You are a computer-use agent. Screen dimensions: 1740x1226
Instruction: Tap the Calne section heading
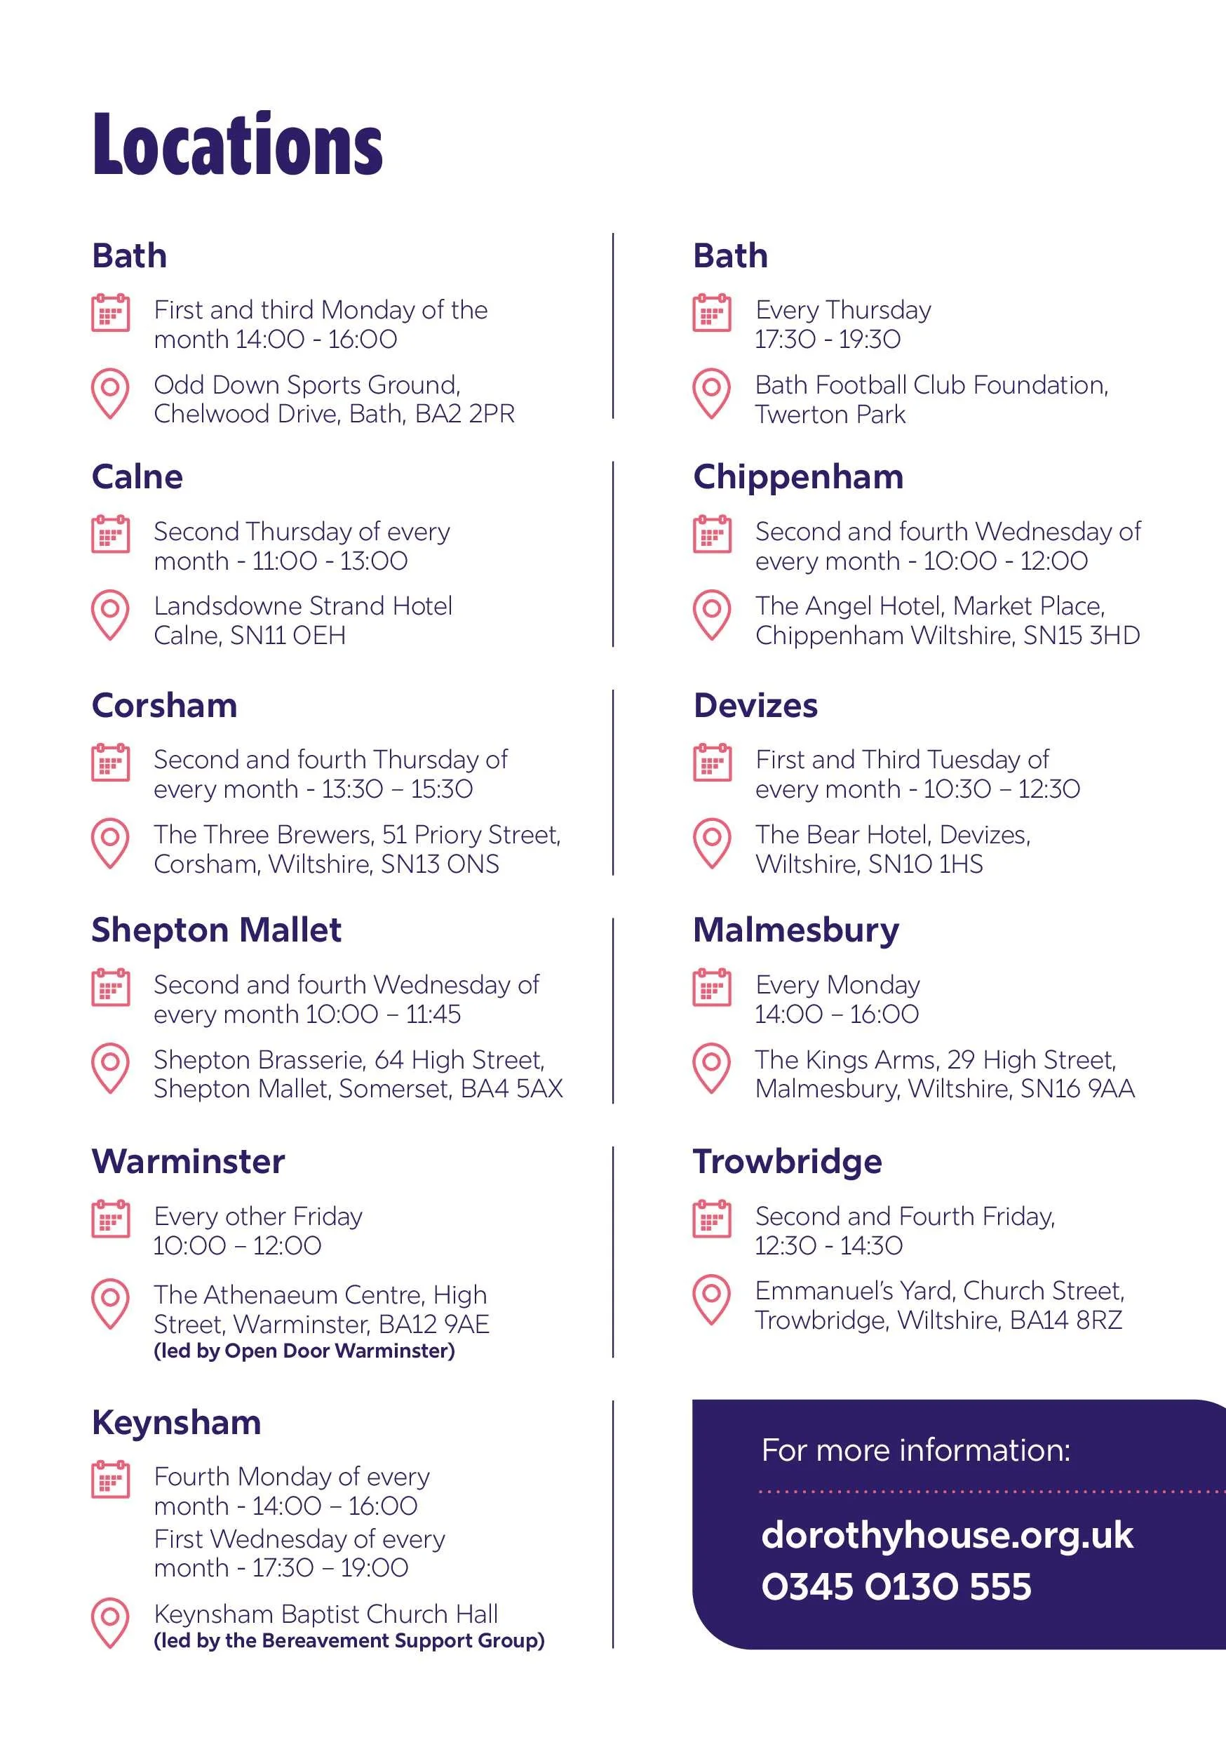pos(137,476)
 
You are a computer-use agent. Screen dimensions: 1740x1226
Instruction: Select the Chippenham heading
pos(798,476)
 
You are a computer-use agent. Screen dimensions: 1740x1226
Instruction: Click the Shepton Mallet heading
pos(216,930)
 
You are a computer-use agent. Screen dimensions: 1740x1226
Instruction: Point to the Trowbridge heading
pos(787,1161)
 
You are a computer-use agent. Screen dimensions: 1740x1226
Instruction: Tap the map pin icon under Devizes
pos(711,843)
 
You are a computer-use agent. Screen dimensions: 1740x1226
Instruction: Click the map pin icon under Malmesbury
pos(711,1068)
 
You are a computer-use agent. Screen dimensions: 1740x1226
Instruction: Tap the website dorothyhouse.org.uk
pos(947,1534)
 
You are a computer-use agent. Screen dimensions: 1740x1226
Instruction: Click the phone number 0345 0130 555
pos(896,1587)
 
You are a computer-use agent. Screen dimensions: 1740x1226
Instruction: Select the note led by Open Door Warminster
pos(304,1351)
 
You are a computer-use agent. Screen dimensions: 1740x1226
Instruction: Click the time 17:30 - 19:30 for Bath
pos(828,340)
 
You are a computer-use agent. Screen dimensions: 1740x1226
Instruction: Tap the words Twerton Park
pos(830,415)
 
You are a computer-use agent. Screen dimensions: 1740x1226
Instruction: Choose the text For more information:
pos(915,1450)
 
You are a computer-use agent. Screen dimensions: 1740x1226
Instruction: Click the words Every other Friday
pos(257,1217)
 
